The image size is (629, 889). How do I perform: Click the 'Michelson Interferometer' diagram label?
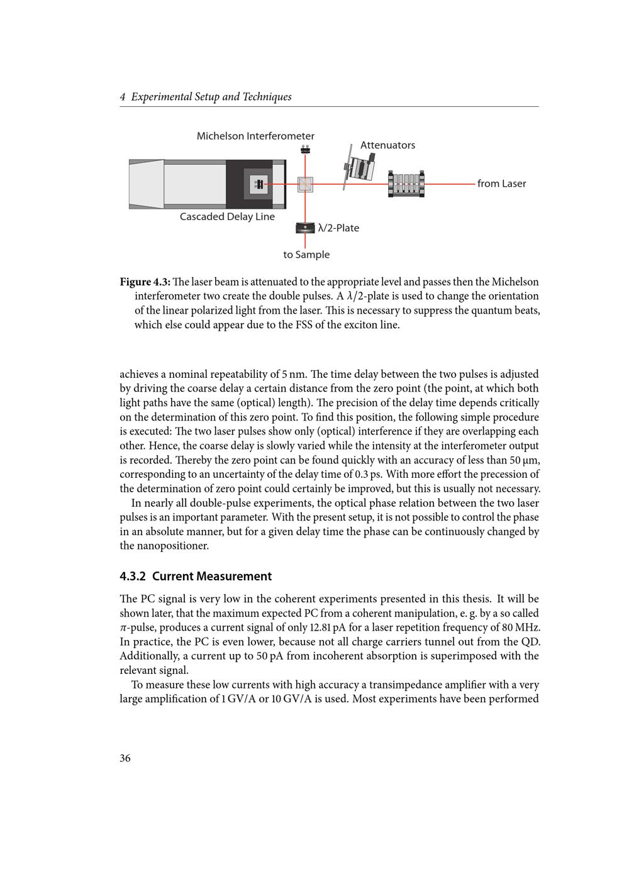click(x=255, y=136)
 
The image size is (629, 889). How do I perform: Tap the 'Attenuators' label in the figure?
click(x=387, y=145)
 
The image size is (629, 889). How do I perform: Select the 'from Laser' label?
click(x=501, y=184)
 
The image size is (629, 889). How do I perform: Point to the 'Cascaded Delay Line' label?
click(x=227, y=217)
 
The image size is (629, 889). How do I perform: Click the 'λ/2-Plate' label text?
click(x=338, y=228)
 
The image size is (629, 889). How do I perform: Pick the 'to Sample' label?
click(x=306, y=255)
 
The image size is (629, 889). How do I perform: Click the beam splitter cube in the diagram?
click(x=305, y=184)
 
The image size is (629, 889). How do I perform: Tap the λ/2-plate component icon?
click(x=305, y=228)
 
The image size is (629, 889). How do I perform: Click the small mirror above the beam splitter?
click(x=305, y=149)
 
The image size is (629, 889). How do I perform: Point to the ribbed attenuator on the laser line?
click(x=406, y=184)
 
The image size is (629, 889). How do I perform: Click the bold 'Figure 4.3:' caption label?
click(x=145, y=282)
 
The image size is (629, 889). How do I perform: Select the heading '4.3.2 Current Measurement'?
click(x=196, y=577)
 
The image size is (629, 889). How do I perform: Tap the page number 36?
click(x=125, y=758)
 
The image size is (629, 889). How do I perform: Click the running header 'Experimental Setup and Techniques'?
click(x=211, y=97)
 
